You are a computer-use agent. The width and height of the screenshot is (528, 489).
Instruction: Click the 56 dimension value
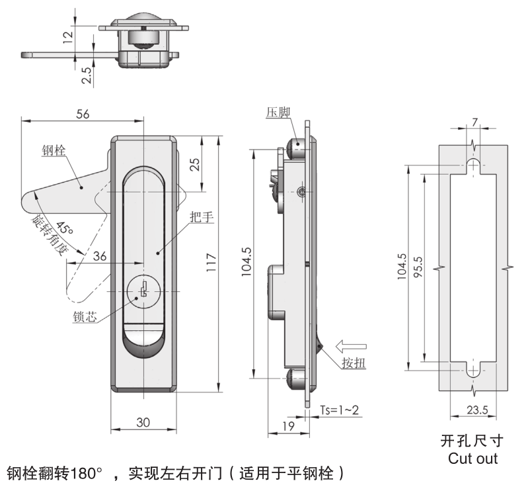(x=82, y=113)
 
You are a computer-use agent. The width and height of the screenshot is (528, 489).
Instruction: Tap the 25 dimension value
(x=195, y=165)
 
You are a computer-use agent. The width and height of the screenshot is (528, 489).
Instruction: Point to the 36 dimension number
(x=100, y=256)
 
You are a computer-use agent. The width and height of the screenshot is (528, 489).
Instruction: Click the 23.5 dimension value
(x=476, y=411)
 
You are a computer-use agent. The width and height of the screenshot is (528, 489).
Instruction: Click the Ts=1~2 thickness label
(x=340, y=410)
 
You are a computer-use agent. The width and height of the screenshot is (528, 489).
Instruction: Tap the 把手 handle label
(x=198, y=216)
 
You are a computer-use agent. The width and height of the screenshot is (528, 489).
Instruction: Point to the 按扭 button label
(x=354, y=363)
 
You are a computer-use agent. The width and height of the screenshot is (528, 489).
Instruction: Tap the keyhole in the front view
(x=143, y=290)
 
